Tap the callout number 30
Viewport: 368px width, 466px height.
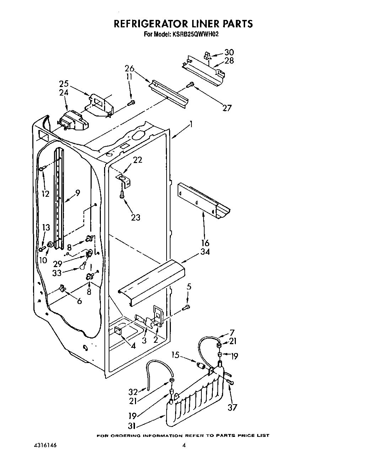[229, 53]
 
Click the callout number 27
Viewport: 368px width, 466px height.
[227, 108]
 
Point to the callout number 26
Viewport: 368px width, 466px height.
[129, 69]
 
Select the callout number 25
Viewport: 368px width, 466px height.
[64, 84]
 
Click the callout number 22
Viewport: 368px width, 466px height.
[137, 160]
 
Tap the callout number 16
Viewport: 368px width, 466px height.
[205, 243]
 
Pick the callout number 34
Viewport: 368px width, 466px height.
[205, 252]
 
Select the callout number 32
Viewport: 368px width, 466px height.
[133, 392]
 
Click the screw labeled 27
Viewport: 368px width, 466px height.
[190, 85]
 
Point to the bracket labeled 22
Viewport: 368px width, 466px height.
[124, 180]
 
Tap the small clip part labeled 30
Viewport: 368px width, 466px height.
[207, 55]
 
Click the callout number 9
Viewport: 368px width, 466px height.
[77, 193]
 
